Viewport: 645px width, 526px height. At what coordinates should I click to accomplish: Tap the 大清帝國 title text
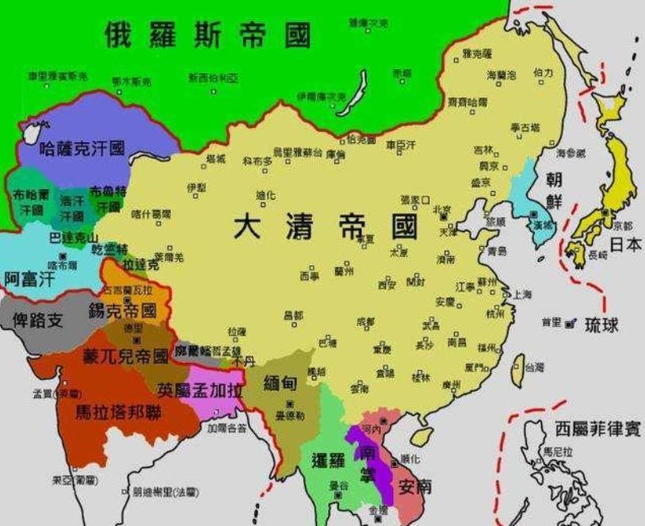(325, 227)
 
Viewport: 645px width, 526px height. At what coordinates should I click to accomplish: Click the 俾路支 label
(38, 319)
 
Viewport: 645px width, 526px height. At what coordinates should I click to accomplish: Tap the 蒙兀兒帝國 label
(128, 356)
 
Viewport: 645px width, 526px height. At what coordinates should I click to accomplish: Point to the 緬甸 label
(281, 383)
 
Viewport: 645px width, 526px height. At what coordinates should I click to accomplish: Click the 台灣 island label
(535, 367)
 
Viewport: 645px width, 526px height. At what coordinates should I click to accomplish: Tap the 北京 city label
(441, 209)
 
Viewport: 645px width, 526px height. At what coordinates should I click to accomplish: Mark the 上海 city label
(522, 294)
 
